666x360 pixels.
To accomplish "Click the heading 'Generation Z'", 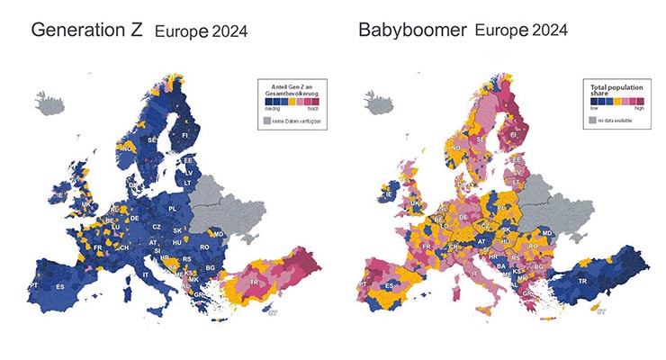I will coord(85,29).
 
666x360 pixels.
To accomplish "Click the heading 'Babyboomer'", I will coord(412,29).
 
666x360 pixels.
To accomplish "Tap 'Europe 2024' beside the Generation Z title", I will coord(200,31).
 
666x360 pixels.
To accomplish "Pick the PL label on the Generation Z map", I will coord(174,209).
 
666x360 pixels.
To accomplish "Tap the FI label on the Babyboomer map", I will coord(514,137).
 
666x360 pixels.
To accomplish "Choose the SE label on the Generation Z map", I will coord(152,141).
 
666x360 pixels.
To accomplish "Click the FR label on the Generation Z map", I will coord(97,247).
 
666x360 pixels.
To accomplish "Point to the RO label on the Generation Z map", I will coord(205,247).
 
